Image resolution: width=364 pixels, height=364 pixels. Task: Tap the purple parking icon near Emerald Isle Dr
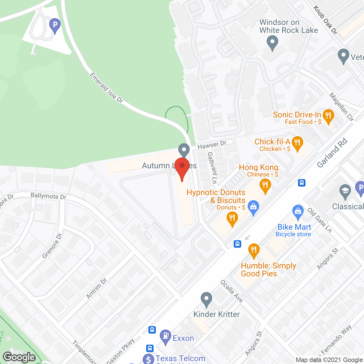click(55, 25)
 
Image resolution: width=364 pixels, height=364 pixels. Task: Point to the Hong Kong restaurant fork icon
click(265, 185)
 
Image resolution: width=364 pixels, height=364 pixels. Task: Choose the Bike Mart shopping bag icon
click(298, 211)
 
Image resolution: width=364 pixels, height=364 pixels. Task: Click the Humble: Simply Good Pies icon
click(254, 250)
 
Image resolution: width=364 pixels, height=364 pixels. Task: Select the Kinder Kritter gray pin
click(206, 299)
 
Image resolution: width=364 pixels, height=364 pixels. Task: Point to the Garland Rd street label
click(332, 153)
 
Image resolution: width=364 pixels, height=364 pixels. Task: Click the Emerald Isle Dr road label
click(106, 88)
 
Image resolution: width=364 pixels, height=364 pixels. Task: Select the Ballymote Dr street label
click(48, 196)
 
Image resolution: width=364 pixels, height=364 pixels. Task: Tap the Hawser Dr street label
click(212, 145)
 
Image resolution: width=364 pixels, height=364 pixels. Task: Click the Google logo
click(19, 357)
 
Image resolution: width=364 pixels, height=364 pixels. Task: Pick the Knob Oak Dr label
click(325, 20)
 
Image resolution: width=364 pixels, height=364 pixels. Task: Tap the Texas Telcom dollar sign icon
click(148, 359)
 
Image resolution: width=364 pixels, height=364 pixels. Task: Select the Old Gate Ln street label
click(320, 220)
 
